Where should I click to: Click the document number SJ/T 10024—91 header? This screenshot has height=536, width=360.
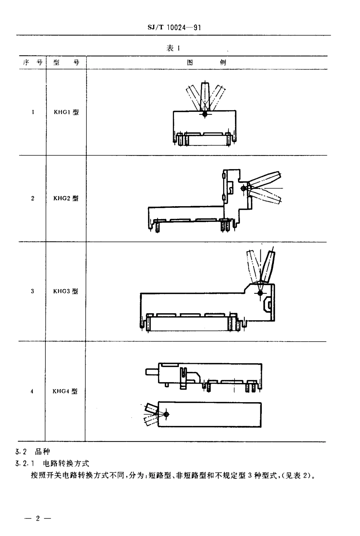(173, 28)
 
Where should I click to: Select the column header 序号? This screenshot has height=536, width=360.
(32, 63)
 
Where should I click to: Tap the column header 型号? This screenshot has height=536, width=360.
(66, 63)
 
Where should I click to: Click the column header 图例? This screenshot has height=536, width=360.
(207, 63)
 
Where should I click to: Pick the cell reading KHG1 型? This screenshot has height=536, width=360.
(66, 112)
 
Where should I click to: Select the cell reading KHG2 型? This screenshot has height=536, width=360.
(66, 198)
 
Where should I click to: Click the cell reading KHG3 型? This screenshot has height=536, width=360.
(66, 291)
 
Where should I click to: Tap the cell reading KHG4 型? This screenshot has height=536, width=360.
(65, 391)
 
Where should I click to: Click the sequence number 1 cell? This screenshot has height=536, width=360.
(33, 112)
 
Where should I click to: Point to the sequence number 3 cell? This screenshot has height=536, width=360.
(33, 291)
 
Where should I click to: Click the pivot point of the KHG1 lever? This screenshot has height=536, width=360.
(205, 113)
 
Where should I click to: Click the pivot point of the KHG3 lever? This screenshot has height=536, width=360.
(260, 293)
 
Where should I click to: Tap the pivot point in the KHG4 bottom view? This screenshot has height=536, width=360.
(166, 414)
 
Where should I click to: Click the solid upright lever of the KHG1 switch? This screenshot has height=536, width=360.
(205, 97)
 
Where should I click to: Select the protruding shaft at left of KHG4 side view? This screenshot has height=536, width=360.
(150, 371)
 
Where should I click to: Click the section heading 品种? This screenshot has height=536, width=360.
(42, 451)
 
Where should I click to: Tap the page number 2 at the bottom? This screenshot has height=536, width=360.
(37, 518)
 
